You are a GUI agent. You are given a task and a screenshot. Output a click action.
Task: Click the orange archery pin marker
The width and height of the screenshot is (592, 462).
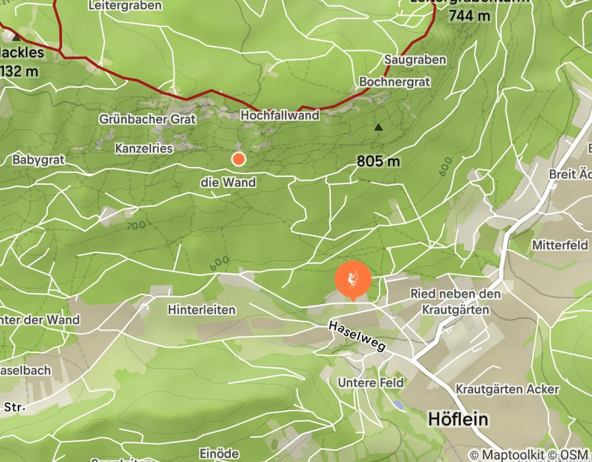tap(353, 280)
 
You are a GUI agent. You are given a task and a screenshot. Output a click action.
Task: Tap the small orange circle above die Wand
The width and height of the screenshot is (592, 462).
tap(239, 158)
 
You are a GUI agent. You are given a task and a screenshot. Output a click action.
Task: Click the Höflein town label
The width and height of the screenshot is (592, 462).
tap(458, 419)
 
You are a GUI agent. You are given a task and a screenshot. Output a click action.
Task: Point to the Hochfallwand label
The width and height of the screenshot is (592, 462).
tap(280, 115)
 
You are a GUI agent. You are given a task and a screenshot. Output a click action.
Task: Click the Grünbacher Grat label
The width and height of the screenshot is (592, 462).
tap(148, 119)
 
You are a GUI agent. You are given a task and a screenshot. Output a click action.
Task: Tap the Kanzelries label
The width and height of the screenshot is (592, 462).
tap(144, 148)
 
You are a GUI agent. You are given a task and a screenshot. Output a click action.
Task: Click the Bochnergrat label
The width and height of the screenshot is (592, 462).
tap(394, 82)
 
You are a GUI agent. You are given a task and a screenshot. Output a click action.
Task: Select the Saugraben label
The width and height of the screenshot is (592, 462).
tap(415, 59)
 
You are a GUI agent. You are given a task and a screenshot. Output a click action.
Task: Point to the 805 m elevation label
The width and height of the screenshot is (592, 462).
tap(378, 161)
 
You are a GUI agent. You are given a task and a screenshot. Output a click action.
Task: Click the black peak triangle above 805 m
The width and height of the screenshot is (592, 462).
tap(378, 127)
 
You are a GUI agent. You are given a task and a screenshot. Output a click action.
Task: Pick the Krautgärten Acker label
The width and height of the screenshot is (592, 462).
tap(507, 389)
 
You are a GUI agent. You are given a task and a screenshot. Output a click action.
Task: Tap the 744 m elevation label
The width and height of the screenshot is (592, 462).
tap(469, 16)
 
